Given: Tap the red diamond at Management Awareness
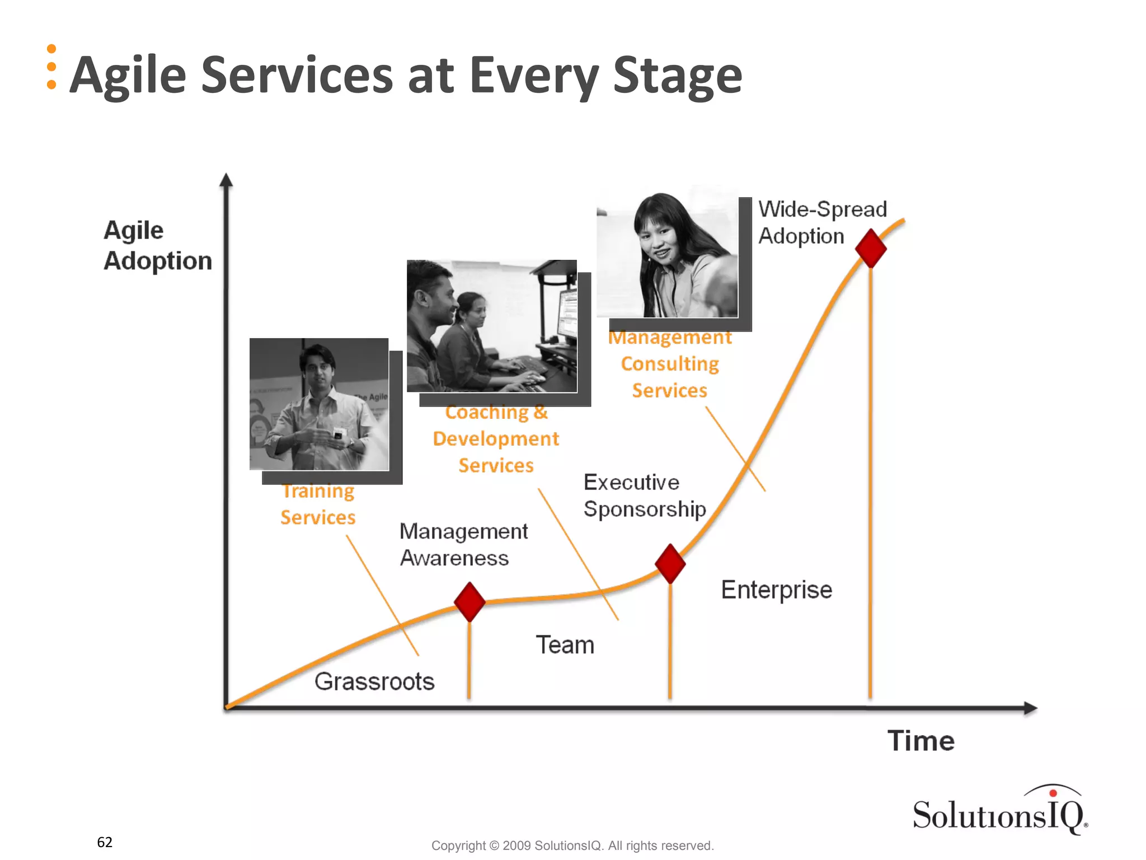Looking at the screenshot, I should click(x=469, y=602).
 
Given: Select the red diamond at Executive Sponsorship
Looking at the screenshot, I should click(x=670, y=563).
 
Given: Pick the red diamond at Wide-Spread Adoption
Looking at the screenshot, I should click(x=871, y=248).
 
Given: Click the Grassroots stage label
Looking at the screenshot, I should click(x=374, y=681).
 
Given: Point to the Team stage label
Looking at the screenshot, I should click(x=565, y=645).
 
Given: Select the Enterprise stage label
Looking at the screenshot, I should click(x=776, y=590).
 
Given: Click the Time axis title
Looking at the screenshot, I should click(x=920, y=741).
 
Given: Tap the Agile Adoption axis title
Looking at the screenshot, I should click(x=157, y=246).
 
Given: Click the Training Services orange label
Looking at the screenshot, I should click(x=318, y=504).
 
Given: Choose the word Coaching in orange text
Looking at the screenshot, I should click(x=487, y=413).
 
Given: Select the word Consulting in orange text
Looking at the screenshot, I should click(x=670, y=364).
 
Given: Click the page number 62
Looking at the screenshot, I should click(x=105, y=842).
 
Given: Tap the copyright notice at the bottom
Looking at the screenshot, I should click(x=572, y=845).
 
